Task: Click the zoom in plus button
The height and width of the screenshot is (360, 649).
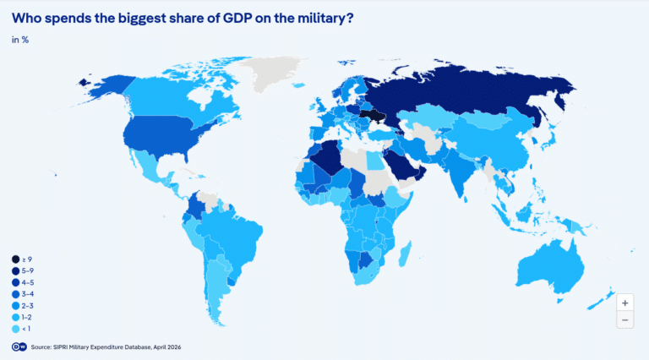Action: (x=624, y=303)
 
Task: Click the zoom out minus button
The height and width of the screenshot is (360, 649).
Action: (x=624, y=319)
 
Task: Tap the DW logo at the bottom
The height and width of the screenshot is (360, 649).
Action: (x=18, y=346)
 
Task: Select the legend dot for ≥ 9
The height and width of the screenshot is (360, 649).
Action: (x=15, y=259)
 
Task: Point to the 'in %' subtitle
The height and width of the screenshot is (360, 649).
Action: (x=19, y=40)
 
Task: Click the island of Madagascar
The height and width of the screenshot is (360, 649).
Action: (x=404, y=254)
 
